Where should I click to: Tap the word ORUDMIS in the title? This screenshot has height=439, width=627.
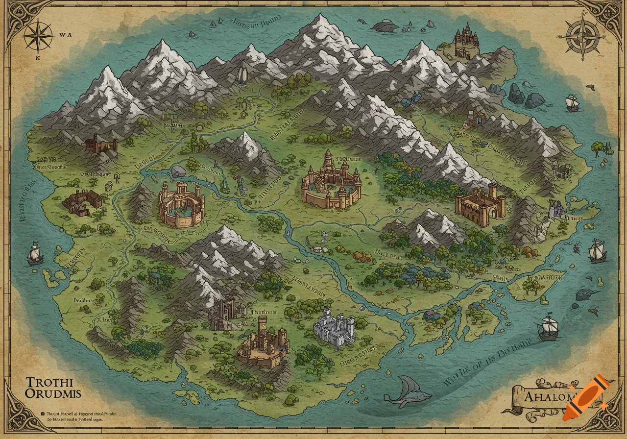(x=53, y=393)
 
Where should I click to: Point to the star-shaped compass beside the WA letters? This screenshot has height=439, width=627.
(x=38, y=36)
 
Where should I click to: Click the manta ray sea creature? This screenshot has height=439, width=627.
(x=407, y=392)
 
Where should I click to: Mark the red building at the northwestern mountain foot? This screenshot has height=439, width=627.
(x=100, y=144)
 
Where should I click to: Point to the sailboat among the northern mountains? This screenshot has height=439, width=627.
(x=242, y=75)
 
